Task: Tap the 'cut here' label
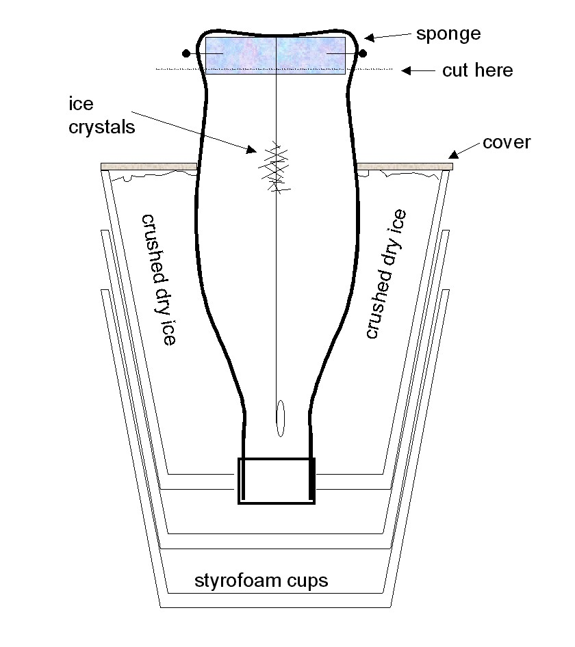click(478, 70)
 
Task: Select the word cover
click(507, 143)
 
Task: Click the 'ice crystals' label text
click(94, 116)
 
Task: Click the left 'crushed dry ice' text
click(157, 279)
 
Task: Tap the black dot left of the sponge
click(186, 53)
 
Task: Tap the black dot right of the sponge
click(363, 53)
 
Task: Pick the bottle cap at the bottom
click(277, 481)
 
